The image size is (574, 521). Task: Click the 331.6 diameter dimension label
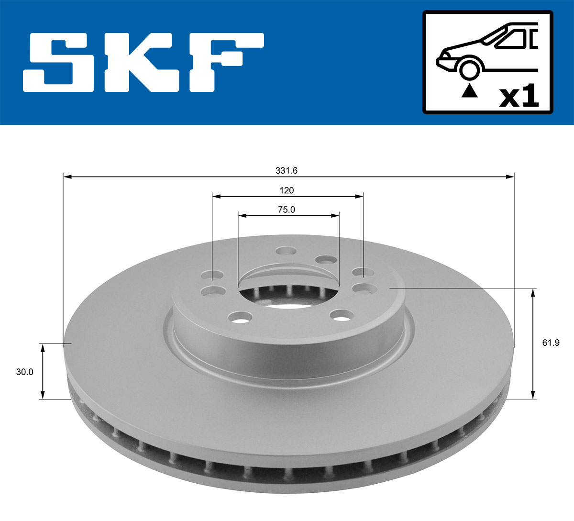coord(287,171)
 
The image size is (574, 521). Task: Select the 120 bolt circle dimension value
coord(287,190)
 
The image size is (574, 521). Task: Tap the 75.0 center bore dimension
coord(287,210)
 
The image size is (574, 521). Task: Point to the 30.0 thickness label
coord(24,372)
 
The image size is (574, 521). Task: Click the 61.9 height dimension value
coord(551,343)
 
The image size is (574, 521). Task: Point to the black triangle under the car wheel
coord(469,91)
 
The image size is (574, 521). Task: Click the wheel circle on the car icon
coord(469,68)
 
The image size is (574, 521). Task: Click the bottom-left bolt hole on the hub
coord(241,316)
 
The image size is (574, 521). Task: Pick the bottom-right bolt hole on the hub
coord(342,315)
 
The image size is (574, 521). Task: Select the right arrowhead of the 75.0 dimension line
coord(336,216)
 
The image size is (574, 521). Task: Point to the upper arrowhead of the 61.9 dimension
coord(533,292)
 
